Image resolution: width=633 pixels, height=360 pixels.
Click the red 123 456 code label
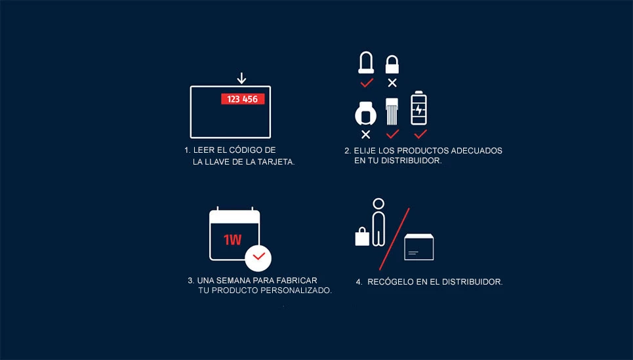pyautogui.click(x=242, y=99)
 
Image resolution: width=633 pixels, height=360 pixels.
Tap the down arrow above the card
pyautogui.click(x=241, y=78)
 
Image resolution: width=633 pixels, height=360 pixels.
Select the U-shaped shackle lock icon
pyautogui.click(x=366, y=63)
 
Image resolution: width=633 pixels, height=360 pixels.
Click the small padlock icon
pyautogui.click(x=392, y=64)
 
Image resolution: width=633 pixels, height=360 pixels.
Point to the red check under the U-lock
pyautogui.click(x=366, y=83)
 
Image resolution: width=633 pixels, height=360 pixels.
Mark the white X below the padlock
pyautogui.click(x=392, y=83)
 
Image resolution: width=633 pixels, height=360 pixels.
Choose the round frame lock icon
pyautogui.click(x=365, y=113)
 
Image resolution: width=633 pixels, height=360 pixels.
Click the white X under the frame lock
pyautogui.click(x=365, y=134)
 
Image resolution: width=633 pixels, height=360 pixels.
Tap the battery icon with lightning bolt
pyautogui.click(x=419, y=108)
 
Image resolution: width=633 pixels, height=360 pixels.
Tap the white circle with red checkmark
pyautogui.click(x=258, y=256)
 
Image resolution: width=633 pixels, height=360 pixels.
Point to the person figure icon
pyautogui.click(x=377, y=223)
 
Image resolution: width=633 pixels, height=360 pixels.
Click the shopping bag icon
pyautogui.click(x=361, y=236)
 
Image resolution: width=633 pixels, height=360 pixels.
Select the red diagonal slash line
pyautogui.click(x=395, y=239)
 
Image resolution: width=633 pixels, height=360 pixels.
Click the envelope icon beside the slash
pyautogui.click(x=419, y=247)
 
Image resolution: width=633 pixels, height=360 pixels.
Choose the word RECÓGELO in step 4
pyautogui.click(x=389, y=282)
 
